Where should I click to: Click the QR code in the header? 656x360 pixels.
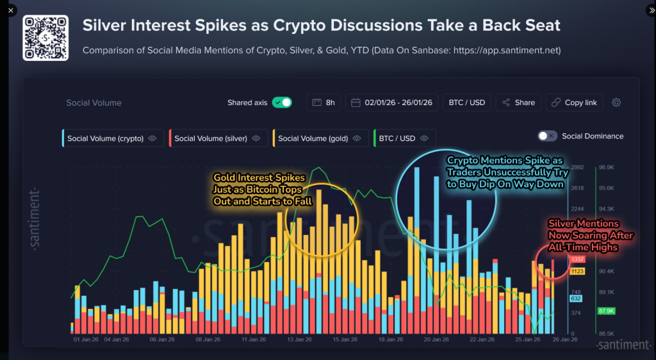[x=45, y=37]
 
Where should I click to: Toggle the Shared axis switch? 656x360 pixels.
[x=282, y=102]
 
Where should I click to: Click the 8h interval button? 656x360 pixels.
[x=324, y=102]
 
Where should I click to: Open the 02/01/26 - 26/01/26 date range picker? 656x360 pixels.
[x=391, y=102]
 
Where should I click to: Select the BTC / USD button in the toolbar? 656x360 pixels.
[x=467, y=102]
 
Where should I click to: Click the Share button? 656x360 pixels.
[x=518, y=102]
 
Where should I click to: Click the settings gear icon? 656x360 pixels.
[x=616, y=102]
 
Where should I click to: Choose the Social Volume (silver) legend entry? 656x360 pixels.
[x=217, y=138]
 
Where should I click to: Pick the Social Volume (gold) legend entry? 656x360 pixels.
[x=319, y=138]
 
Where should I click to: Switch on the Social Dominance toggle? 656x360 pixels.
[x=547, y=136]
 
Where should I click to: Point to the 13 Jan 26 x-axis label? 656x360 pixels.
[x=299, y=340]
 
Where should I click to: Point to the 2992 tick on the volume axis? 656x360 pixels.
[x=577, y=167]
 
